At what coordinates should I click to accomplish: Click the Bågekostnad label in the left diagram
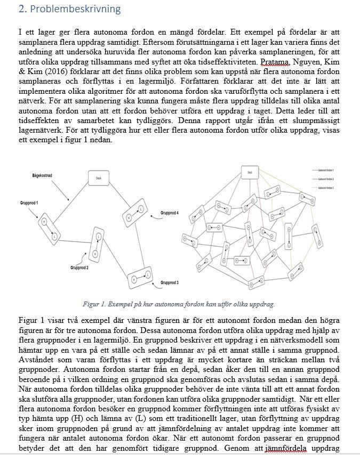tap(42, 175)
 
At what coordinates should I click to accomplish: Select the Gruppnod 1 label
tap(28, 203)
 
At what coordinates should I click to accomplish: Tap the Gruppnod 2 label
tap(79, 267)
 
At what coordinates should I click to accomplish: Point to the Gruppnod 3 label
tap(170, 282)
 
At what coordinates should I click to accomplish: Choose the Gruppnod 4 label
tap(170, 214)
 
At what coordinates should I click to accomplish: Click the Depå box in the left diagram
tap(98, 179)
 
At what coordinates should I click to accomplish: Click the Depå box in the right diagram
tap(250, 173)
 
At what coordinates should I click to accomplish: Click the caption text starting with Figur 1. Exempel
tap(179, 304)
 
